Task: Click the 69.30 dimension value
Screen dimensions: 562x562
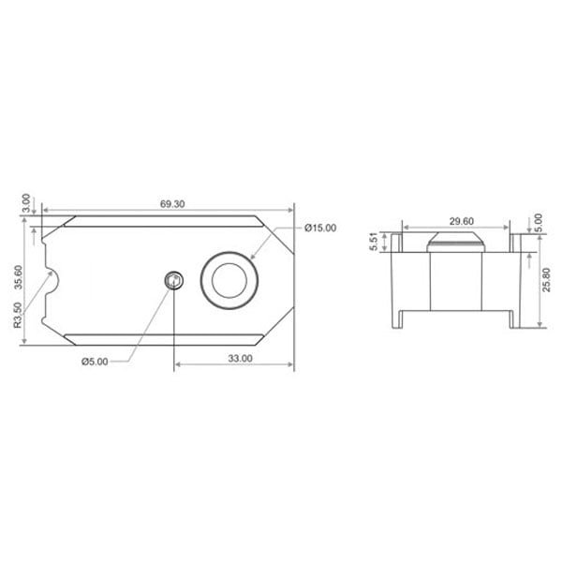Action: (172, 204)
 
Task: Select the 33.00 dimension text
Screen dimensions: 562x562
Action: (240, 358)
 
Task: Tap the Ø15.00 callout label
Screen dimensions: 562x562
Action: (320, 228)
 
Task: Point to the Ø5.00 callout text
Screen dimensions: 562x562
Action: (95, 362)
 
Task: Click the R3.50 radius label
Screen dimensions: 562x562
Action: (18, 316)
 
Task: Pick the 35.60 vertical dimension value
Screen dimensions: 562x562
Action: (18, 277)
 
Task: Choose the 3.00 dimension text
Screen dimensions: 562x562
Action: (26, 203)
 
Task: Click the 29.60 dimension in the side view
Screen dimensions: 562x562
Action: (462, 221)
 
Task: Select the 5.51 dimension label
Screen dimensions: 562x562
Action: (373, 242)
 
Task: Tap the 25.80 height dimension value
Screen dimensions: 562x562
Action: (547, 280)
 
